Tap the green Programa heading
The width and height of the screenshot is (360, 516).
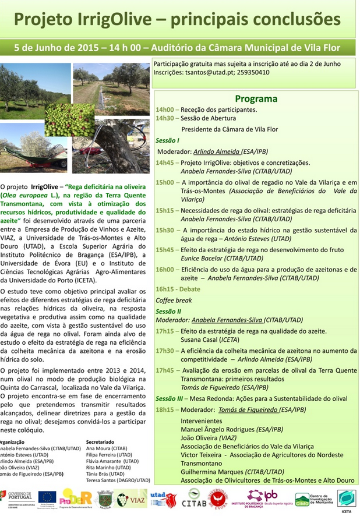[256, 99]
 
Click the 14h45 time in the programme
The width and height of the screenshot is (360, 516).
[165, 162]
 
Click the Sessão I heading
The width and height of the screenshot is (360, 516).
[167, 141]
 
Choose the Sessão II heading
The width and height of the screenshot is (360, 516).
[168, 312]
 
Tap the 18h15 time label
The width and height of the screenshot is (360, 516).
[165, 409]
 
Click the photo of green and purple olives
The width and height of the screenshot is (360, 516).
[69, 119]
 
